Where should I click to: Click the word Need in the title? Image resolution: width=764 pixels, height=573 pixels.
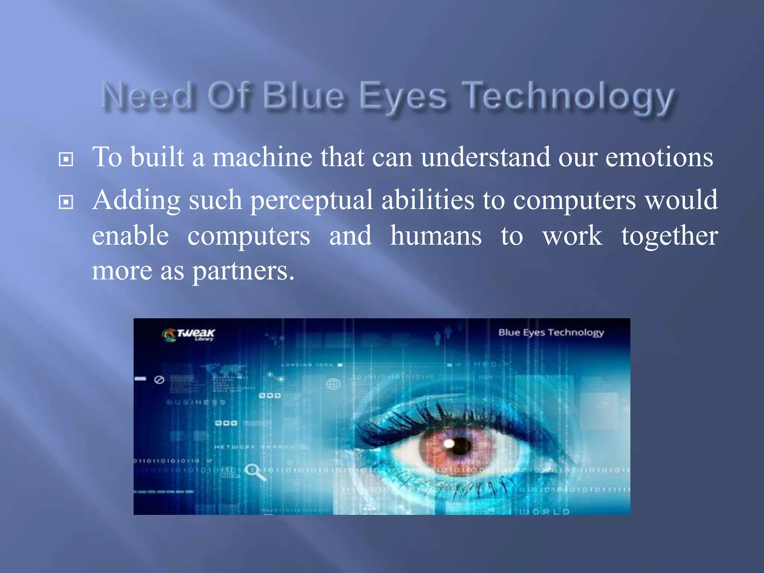[x=147, y=96]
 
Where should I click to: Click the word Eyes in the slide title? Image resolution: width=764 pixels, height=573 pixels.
[x=403, y=97]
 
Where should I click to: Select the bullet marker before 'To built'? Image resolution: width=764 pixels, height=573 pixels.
[x=66, y=159]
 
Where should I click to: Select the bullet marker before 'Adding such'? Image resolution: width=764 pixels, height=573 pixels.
[x=66, y=202]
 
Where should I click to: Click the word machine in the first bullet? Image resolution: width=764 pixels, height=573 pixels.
[x=262, y=157]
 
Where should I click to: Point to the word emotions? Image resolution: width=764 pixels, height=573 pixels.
[x=659, y=157]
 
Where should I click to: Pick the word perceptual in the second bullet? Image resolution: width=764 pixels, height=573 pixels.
[x=311, y=201]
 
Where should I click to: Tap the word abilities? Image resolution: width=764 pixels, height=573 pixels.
[x=428, y=200]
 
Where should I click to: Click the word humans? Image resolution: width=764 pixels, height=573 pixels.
[x=436, y=236]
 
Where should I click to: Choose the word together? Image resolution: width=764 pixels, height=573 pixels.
[x=669, y=237]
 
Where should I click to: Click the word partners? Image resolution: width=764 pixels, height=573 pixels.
[x=243, y=271]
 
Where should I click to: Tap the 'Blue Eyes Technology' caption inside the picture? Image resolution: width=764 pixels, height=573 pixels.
[x=551, y=332]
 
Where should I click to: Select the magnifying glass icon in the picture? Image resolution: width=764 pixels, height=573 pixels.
[x=254, y=472]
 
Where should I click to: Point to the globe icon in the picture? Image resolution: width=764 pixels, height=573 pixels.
[x=333, y=383]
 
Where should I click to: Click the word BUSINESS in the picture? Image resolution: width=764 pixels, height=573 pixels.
[x=196, y=403]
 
